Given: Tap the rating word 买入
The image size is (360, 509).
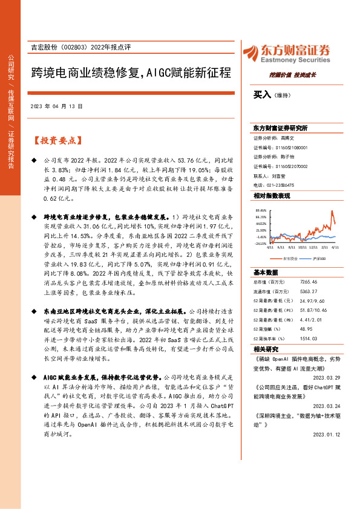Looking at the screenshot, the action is [262, 95].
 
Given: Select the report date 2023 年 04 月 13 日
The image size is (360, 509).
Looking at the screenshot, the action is [55, 106].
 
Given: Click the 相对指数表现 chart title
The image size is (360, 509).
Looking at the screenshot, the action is [272, 196].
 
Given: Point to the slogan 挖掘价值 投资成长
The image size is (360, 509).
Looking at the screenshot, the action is [289, 76].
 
